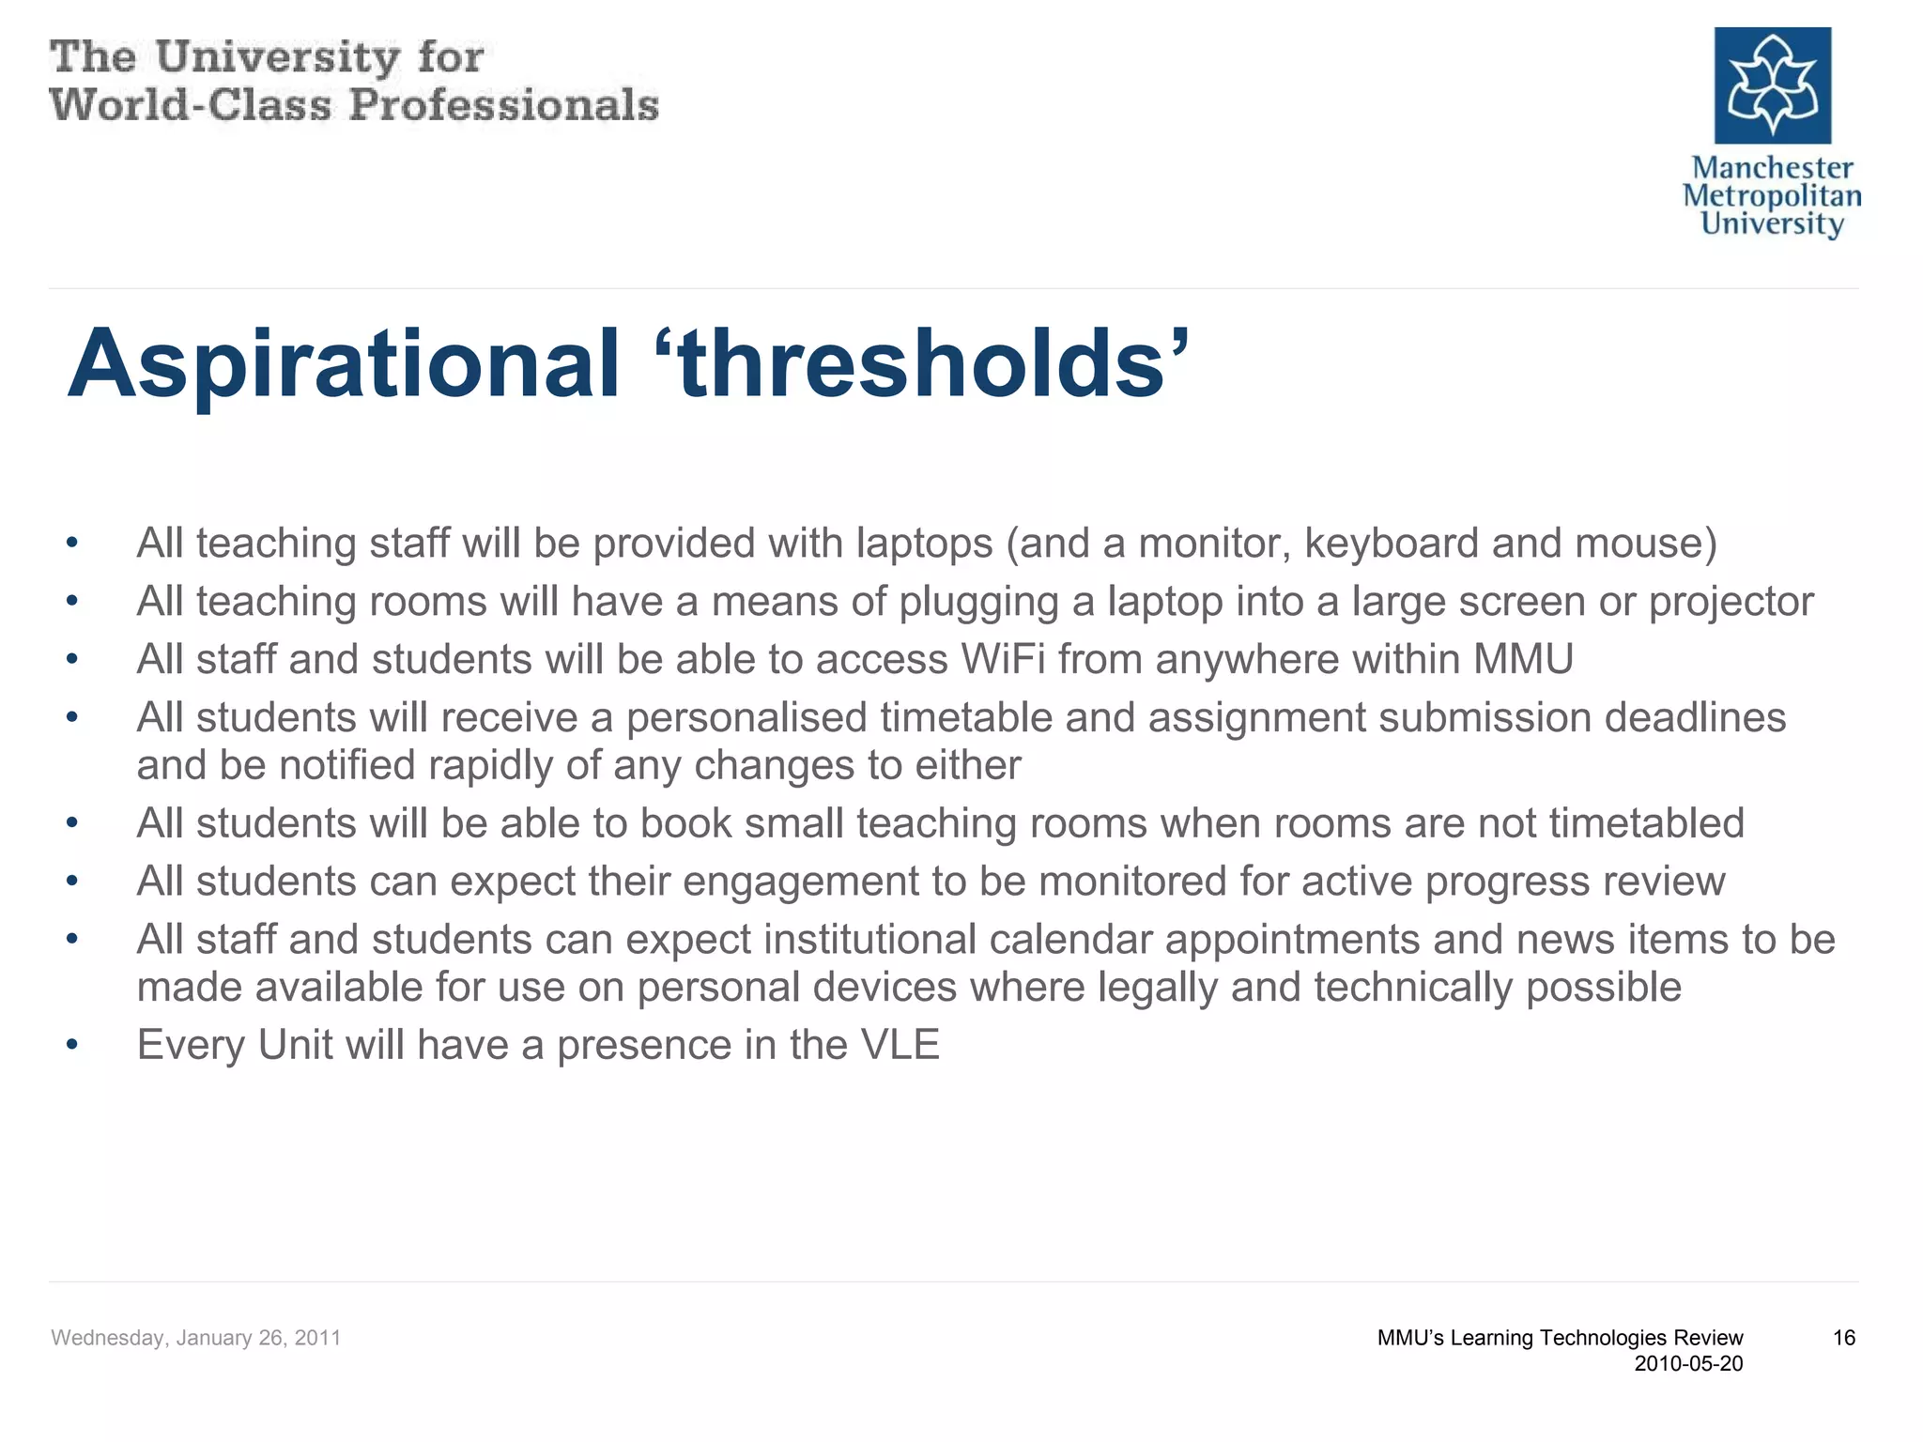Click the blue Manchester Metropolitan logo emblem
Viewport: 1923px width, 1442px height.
click(x=1772, y=85)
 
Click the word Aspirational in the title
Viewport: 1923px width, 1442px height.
click(x=344, y=364)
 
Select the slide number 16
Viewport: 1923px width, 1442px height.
click(x=1843, y=1338)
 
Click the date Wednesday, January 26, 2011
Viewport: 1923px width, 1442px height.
click(x=195, y=1338)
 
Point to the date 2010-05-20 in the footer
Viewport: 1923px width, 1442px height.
click(x=1687, y=1364)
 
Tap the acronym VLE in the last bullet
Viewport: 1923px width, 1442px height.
click(x=899, y=1045)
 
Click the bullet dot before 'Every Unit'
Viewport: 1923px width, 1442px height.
click(x=72, y=1045)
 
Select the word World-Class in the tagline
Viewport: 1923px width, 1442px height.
click(x=191, y=104)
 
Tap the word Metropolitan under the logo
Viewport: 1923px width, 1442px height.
click(x=1771, y=196)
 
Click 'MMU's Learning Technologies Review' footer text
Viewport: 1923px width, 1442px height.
click(x=1559, y=1338)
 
